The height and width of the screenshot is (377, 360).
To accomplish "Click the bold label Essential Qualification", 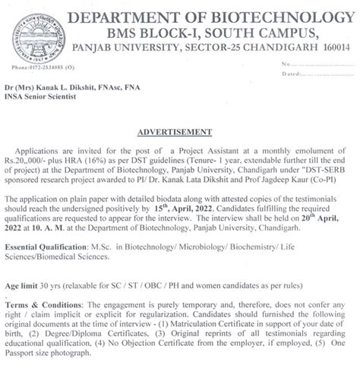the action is coord(54,248).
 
